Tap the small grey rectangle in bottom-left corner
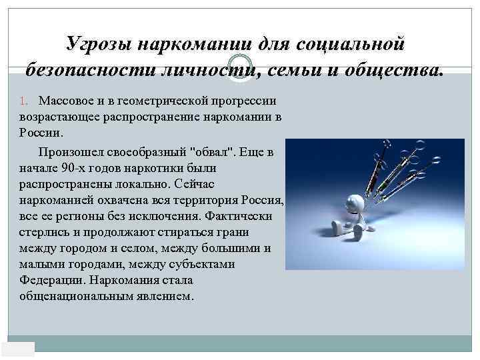click(x=18, y=349)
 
